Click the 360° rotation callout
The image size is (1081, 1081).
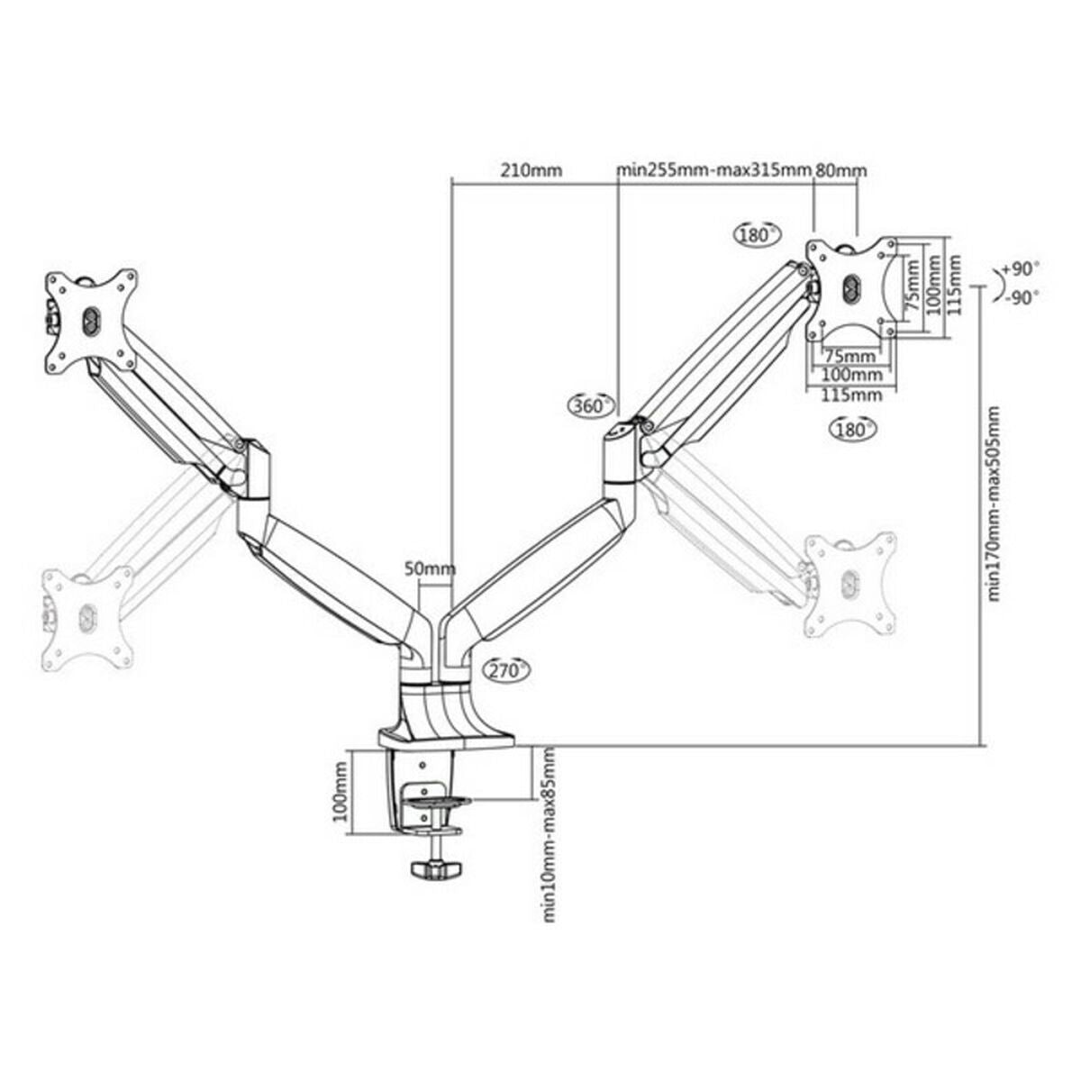point(592,406)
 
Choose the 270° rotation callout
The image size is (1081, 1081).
point(507,670)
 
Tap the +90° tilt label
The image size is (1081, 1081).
point(1020,269)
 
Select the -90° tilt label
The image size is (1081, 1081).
point(1020,296)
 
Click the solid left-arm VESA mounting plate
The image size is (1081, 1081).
point(91,320)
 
